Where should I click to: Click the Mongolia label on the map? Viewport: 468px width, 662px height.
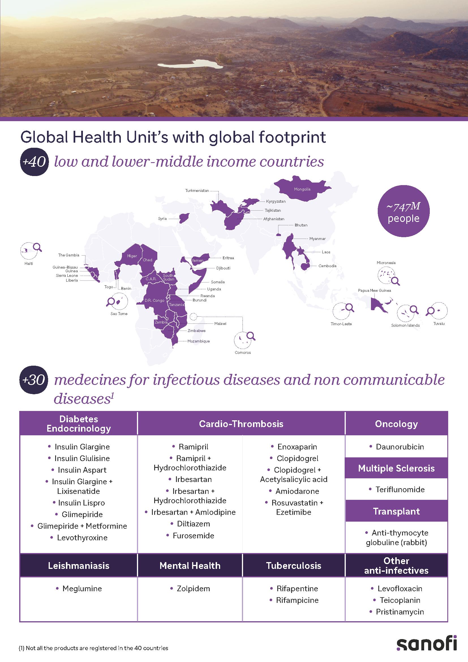click(x=302, y=189)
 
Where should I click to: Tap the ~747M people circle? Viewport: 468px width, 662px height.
click(x=403, y=211)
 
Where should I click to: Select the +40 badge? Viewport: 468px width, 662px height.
click(x=34, y=162)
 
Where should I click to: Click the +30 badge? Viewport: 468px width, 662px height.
click(x=34, y=380)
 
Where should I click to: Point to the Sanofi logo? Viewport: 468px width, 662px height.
click(x=426, y=644)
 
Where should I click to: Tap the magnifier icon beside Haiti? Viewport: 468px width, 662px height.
click(x=37, y=247)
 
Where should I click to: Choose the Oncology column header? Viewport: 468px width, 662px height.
click(x=396, y=424)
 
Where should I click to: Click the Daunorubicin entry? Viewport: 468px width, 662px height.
click(x=400, y=447)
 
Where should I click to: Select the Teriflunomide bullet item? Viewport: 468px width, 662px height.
click(x=400, y=489)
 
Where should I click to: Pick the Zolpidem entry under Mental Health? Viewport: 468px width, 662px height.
click(x=193, y=588)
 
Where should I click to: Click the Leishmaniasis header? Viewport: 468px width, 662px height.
click(x=79, y=565)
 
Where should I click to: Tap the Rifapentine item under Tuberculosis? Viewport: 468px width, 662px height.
click(x=297, y=588)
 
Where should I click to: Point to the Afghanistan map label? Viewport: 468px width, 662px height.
click(x=274, y=219)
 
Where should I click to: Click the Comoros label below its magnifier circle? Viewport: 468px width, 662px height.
click(x=243, y=352)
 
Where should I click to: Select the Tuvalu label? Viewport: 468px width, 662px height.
click(x=439, y=323)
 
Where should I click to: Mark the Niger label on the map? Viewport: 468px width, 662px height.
click(x=132, y=256)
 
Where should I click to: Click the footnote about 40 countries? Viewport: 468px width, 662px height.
click(x=93, y=648)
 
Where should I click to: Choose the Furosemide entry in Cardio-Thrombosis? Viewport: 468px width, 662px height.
click(x=193, y=535)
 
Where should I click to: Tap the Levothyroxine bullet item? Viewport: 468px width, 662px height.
click(x=82, y=537)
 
